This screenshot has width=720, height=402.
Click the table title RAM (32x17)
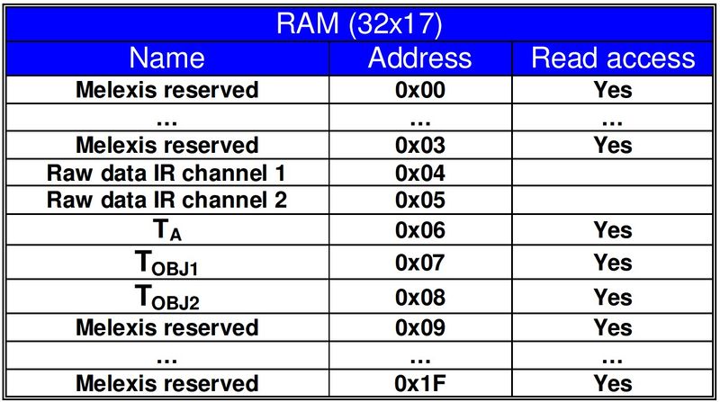[x=359, y=24]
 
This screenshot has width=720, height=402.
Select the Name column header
[x=167, y=58]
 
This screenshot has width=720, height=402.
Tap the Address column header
[x=420, y=58]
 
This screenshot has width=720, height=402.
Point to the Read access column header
[x=613, y=58]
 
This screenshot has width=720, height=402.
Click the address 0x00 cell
[x=420, y=90]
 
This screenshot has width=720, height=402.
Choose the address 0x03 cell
[x=420, y=146]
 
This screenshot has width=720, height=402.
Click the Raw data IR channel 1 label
[x=166, y=174]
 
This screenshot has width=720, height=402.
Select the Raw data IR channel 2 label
[x=166, y=200]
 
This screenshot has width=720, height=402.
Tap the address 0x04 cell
[x=420, y=174]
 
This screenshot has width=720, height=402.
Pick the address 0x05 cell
[x=420, y=200]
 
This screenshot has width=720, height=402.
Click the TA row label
[x=167, y=230]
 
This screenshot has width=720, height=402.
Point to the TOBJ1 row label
[x=166, y=264]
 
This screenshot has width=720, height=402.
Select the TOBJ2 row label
[x=166, y=298]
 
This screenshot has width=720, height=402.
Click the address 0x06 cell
[x=420, y=230]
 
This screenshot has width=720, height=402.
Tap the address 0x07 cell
[x=420, y=263]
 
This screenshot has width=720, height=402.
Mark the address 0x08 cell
[x=420, y=298]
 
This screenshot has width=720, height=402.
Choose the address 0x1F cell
[x=420, y=384]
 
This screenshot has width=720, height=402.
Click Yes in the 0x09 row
[x=613, y=328]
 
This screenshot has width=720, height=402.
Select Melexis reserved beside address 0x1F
[x=167, y=384]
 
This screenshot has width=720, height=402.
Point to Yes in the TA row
[x=613, y=230]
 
